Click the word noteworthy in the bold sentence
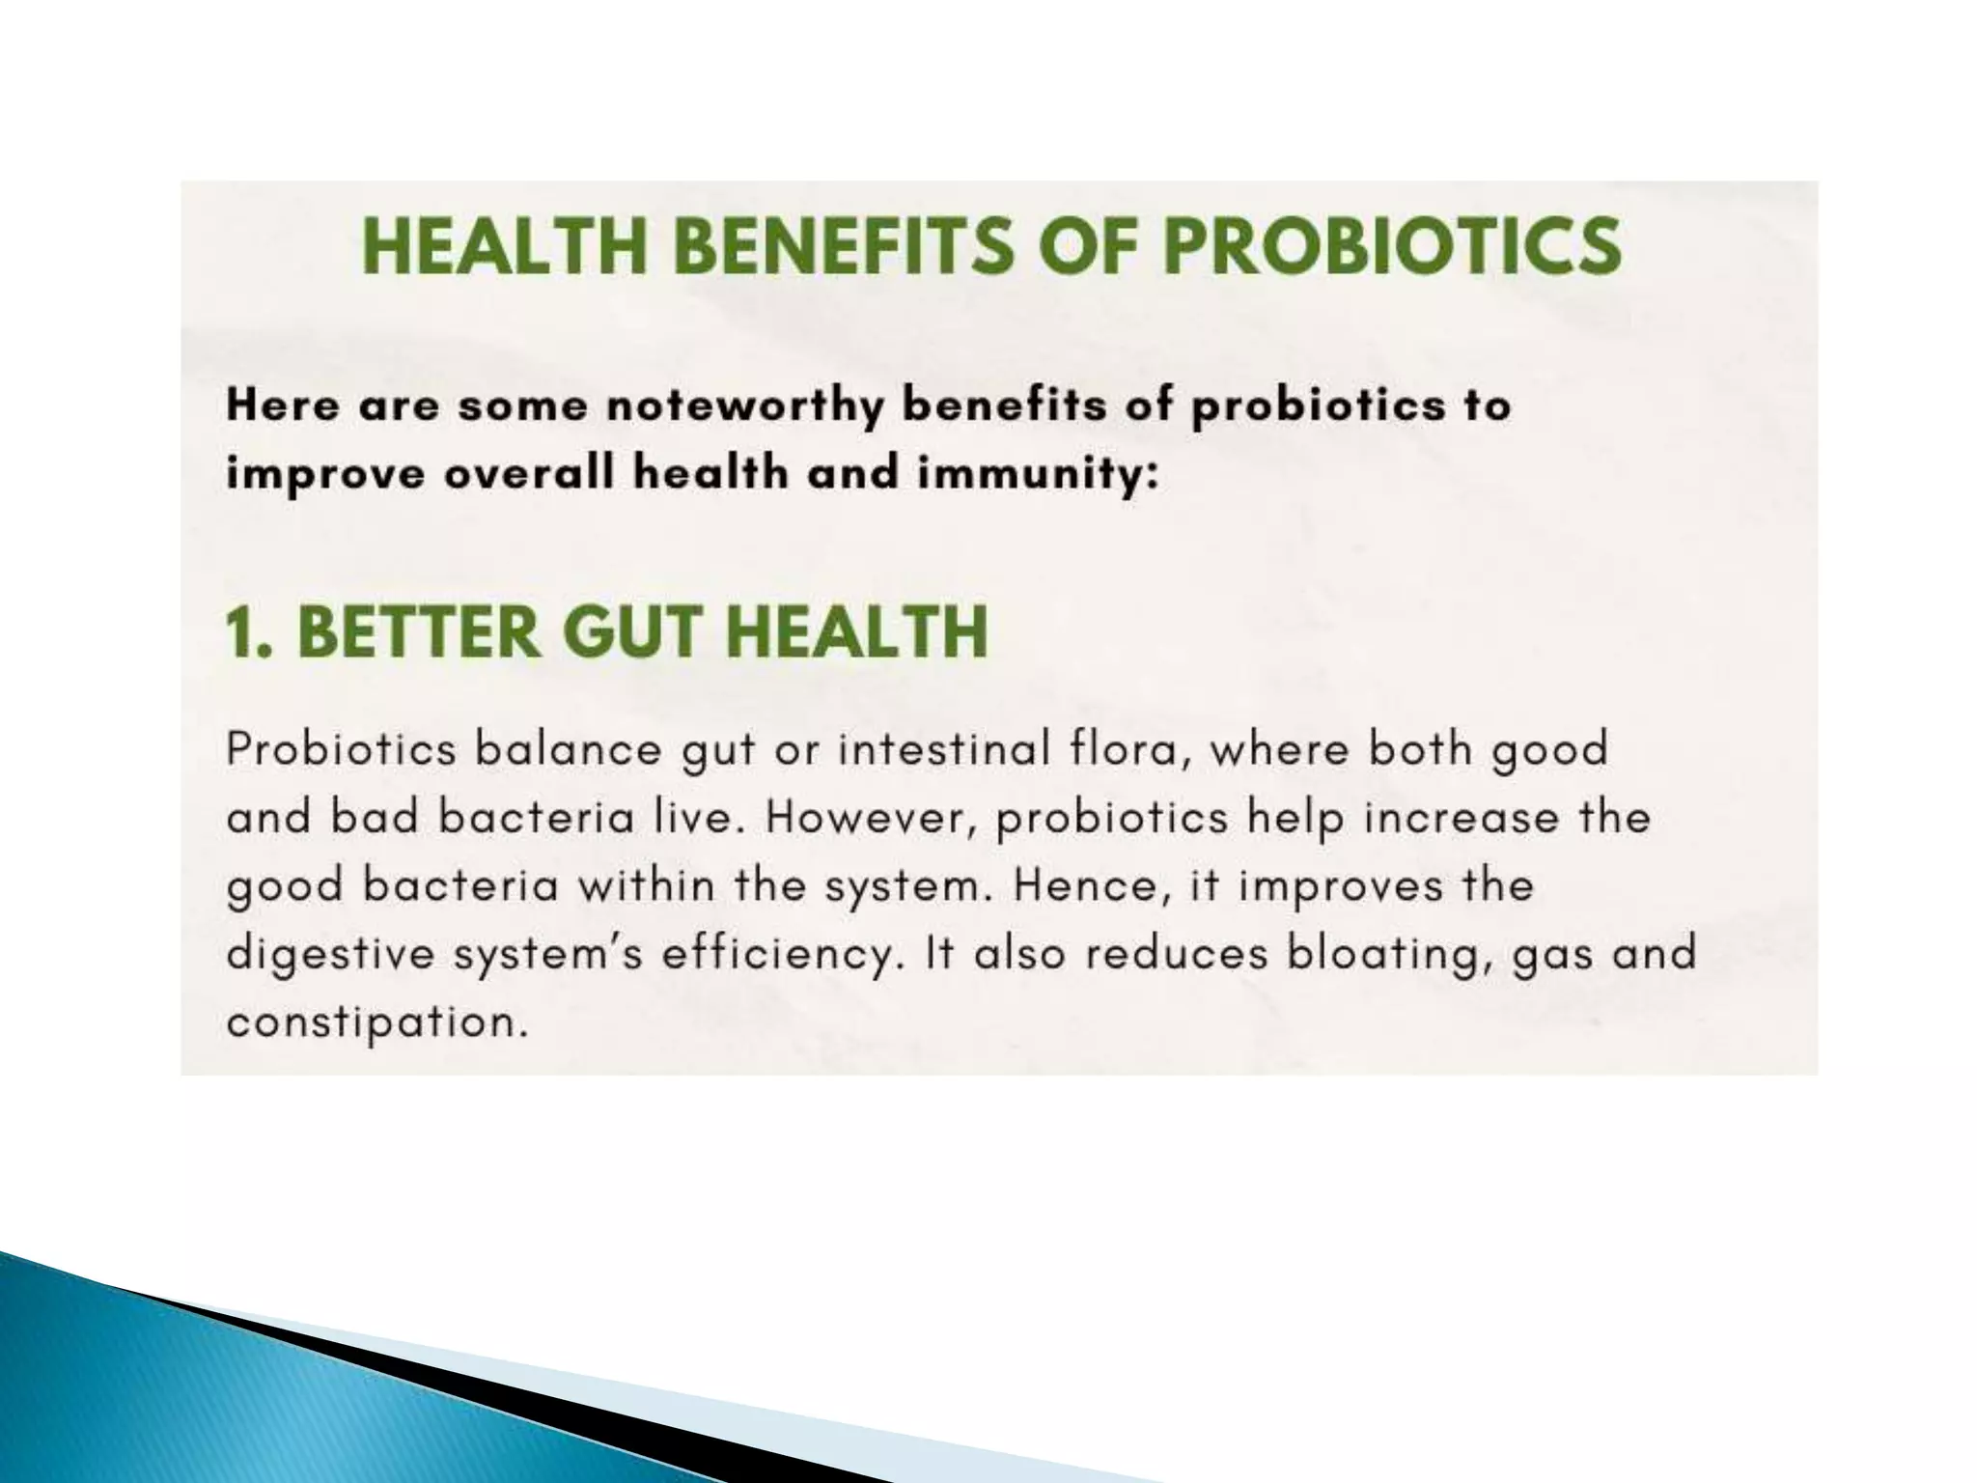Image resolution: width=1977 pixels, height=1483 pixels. [x=743, y=406]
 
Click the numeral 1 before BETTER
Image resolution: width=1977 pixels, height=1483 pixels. [x=239, y=632]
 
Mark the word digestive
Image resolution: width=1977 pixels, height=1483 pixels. [x=331, y=955]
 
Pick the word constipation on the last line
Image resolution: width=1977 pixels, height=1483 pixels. [x=376, y=1023]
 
